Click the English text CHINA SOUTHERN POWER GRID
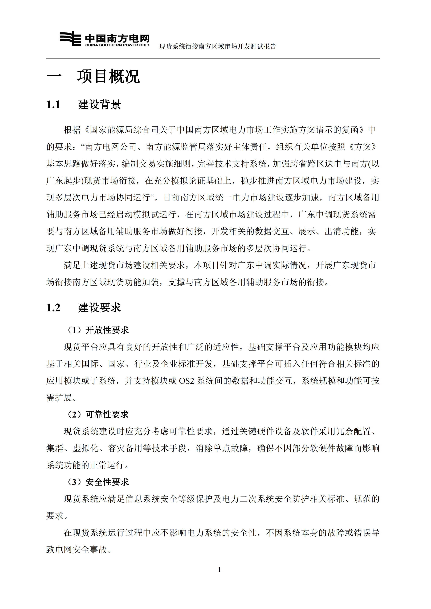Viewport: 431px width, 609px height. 117,45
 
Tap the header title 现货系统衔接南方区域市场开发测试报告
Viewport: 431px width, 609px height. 217,46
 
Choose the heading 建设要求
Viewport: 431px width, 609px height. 100,308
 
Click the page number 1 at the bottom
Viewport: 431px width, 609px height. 219,569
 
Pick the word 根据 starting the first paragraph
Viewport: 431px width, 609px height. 72,130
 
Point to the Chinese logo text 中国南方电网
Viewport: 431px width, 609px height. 117,39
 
